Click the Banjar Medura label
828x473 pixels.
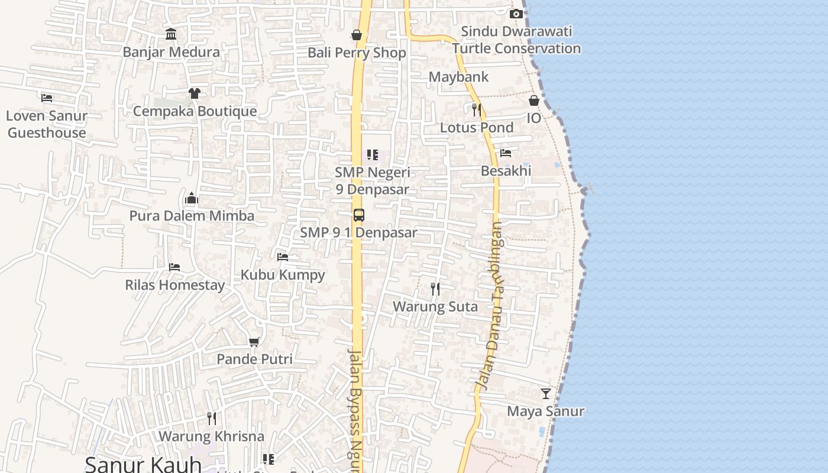pyautogui.click(x=171, y=52)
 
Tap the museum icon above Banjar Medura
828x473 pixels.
pyautogui.click(x=172, y=34)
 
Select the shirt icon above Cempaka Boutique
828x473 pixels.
pyautogui.click(x=195, y=93)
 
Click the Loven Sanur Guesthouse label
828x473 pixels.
pyautogui.click(x=47, y=124)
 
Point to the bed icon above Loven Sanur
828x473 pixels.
pyautogui.click(x=47, y=98)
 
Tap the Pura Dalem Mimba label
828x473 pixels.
pyautogui.click(x=192, y=216)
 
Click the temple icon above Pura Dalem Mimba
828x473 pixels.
pyautogui.click(x=192, y=198)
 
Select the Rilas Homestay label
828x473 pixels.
pyautogui.click(x=174, y=285)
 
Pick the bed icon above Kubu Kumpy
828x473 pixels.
pyautogui.click(x=283, y=257)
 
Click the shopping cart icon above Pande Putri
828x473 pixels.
pyautogui.click(x=254, y=342)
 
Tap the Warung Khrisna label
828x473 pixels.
pyautogui.click(x=211, y=437)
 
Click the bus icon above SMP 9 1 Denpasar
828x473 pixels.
pyautogui.click(x=358, y=215)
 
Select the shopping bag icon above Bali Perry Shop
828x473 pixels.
pyautogui.click(x=357, y=35)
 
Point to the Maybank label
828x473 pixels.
pyautogui.click(x=458, y=77)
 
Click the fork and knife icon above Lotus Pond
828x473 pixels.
pyautogui.click(x=476, y=110)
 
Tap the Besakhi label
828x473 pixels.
pyautogui.click(x=506, y=171)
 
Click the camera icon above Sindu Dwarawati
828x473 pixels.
pyautogui.click(x=516, y=14)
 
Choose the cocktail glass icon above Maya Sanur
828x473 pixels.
pyautogui.click(x=545, y=394)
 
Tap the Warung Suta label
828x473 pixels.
pyautogui.click(x=435, y=307)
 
